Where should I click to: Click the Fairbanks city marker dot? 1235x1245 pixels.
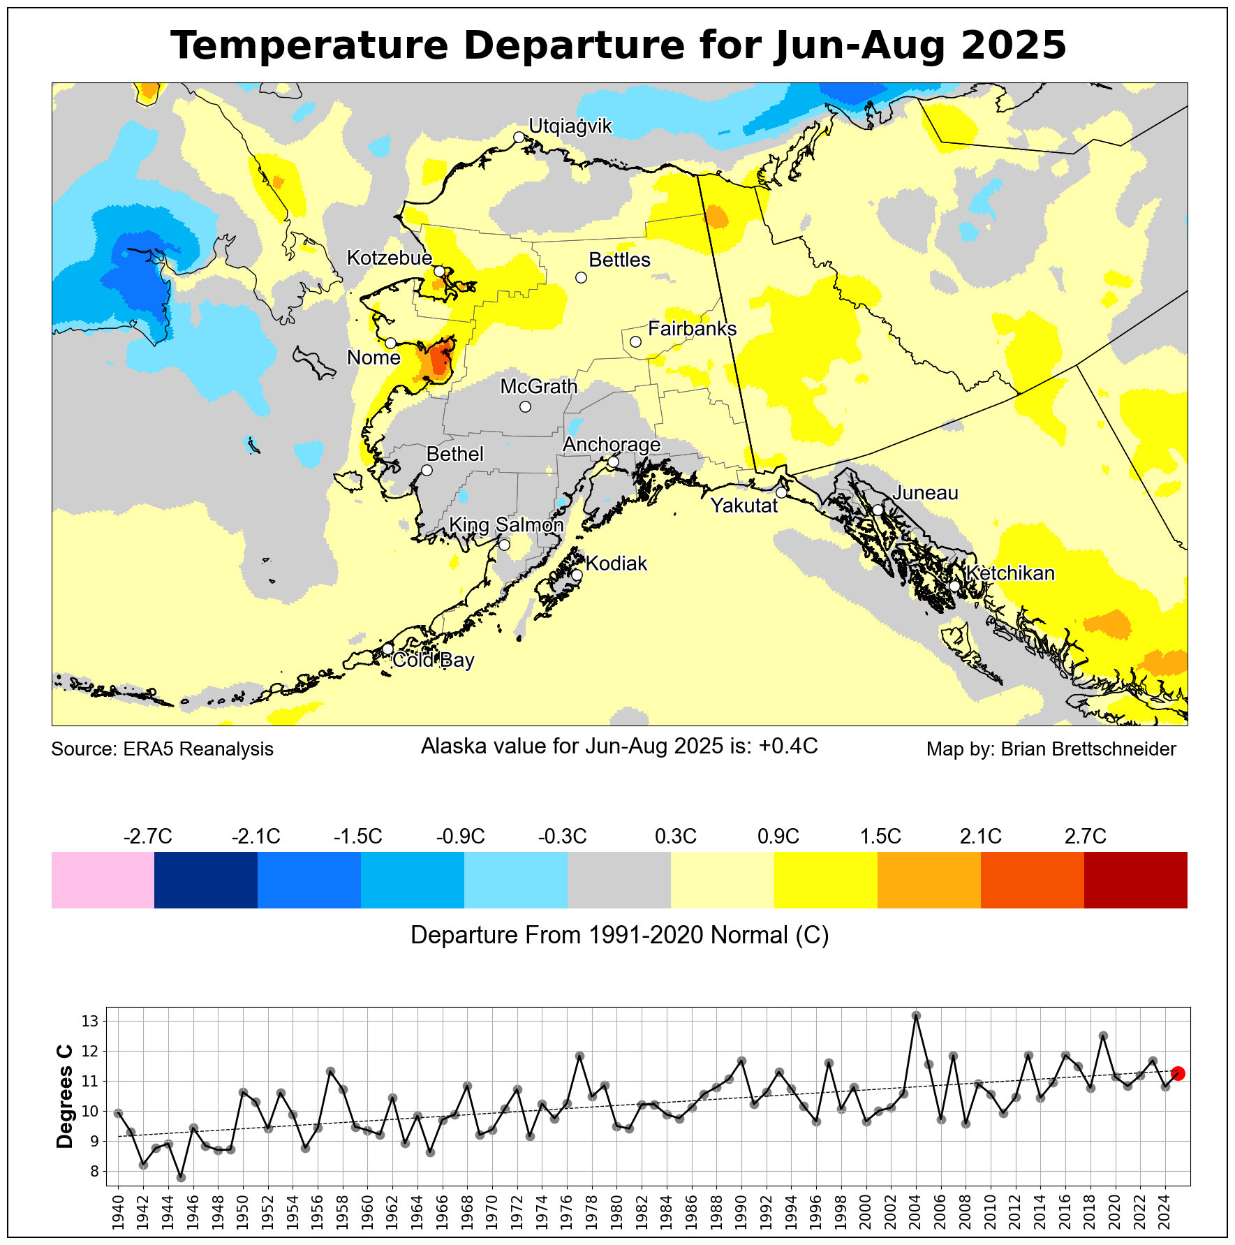(635, 341)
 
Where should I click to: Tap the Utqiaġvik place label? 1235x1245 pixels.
(570, 126)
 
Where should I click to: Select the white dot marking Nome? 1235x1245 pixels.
(390, 343)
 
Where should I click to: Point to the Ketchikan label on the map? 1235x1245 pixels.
(1010, 573)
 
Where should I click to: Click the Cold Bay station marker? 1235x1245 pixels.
(387, 649)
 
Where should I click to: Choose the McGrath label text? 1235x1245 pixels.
(538, 386)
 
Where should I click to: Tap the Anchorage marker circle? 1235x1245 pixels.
(613, 462)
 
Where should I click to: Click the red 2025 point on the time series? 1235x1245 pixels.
(1178, 1073)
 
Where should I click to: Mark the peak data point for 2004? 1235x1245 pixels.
(917, 1015)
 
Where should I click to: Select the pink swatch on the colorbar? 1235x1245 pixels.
(103, 879)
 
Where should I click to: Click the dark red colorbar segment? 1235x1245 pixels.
(1135, 879)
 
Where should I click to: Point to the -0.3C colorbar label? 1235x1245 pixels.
(562, 836)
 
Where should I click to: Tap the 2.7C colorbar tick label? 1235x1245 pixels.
(1085, 836)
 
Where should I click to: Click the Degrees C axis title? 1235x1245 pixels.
(65, 1096)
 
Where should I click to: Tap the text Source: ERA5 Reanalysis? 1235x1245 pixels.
(162, 749)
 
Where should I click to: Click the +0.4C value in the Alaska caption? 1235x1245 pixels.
(788, 746)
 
